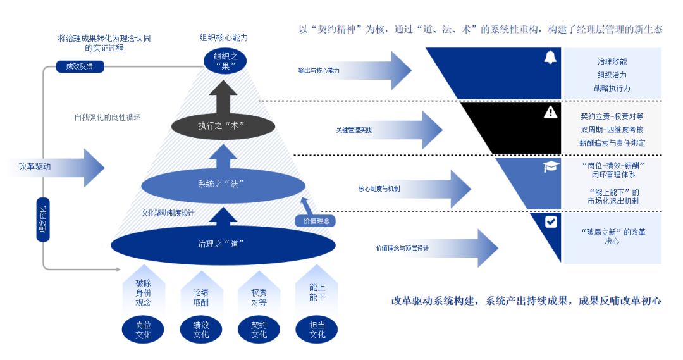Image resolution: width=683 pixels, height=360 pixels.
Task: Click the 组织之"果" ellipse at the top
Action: [225, 61]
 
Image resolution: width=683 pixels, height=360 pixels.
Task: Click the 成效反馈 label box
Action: [80, 66]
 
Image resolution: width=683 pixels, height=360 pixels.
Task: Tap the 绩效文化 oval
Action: [201, 330]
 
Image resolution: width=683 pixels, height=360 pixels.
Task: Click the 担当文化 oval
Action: [317, 330]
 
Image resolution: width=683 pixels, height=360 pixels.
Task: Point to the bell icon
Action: [550, 58]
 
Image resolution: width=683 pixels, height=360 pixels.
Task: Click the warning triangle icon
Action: [550, 113]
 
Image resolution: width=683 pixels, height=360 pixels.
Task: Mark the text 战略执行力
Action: [612, 89]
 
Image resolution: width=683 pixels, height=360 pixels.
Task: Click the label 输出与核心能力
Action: [319, 71]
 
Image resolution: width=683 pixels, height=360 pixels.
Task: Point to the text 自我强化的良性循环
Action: [107, 117]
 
